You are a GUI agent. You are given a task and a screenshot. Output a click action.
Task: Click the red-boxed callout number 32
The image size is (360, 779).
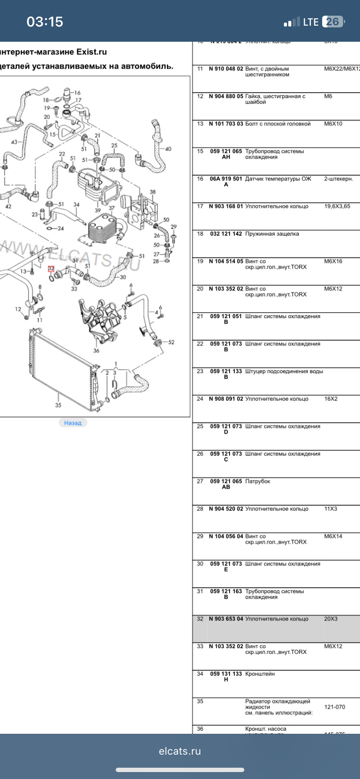(x=51, y=269)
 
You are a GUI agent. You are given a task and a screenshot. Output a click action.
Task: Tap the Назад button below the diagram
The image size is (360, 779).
(x=73, y=423)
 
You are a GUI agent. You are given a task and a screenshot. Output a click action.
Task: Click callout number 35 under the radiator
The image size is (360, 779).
(x=58, y=405)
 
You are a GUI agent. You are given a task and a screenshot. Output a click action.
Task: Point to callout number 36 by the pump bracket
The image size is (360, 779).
(x=96, y=350)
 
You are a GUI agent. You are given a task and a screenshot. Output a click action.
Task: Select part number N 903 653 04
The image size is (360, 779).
(x=226, y=619)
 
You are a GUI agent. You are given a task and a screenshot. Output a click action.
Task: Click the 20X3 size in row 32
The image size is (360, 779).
(x=330, y=619)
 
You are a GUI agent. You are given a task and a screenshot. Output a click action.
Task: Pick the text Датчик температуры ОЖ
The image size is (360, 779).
(x=278, y=179)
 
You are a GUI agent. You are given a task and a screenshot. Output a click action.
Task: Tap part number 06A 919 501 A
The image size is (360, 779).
(x=226, y=182)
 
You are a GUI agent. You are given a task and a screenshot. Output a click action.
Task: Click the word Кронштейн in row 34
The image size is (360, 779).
(x=260, y=674)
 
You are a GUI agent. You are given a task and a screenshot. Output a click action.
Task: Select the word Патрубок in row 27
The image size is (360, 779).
(x=258, y=481)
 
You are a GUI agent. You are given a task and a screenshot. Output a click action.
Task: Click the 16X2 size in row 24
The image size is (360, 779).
(x=330, y=399)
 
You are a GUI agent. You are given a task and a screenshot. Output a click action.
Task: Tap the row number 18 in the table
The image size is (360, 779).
(x=200, y=234)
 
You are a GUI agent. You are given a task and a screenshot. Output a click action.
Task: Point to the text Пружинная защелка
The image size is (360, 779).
(x=272, y=234)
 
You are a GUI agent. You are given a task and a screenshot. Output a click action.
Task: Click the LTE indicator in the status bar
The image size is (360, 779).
(x=310, y=22)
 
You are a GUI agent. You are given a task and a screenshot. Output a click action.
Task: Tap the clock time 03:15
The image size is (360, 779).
(x=45, y=22)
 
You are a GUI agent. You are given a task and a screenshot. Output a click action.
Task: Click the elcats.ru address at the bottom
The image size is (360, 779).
(x=180, y=751)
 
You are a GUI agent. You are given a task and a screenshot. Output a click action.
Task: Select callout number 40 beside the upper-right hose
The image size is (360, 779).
(x=168, y=149)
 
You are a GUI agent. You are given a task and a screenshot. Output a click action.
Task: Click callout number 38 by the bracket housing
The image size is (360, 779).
(x=153, y=192)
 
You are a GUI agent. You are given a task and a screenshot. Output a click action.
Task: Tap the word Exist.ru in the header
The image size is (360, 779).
(x=91, y=52)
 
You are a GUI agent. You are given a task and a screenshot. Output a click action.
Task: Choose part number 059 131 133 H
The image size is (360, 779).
(x=226, y=676)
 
